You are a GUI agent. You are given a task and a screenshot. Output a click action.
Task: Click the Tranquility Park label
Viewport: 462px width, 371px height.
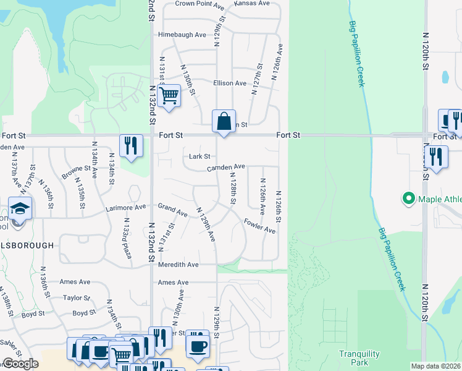355,357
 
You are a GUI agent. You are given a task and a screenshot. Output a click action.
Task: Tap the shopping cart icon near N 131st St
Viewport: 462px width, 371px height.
169,96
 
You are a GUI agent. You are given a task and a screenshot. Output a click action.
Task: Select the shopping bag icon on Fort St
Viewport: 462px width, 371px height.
224,120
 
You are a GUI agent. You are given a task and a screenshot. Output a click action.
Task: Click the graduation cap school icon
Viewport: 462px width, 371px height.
20,208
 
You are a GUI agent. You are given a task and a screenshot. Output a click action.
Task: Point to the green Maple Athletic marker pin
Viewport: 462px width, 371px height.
408,199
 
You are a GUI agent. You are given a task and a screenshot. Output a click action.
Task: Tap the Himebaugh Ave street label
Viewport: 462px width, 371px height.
182,35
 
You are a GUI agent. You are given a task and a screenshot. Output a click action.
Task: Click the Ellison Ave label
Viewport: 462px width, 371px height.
230,83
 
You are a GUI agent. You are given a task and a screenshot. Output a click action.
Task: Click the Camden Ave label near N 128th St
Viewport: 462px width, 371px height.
226,167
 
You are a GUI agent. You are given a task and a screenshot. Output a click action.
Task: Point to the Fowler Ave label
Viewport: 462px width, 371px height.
259,226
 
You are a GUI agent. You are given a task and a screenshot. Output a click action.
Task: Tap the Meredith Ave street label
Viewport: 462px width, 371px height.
178,265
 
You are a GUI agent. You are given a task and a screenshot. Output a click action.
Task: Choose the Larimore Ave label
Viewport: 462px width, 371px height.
125,207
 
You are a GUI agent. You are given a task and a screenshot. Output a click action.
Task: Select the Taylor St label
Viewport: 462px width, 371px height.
77,297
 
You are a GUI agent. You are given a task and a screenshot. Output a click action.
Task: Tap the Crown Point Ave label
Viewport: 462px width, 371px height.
199,4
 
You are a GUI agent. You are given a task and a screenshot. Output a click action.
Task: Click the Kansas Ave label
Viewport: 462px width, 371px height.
252,3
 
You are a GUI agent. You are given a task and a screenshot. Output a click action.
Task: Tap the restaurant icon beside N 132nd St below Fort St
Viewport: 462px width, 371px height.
131,145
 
